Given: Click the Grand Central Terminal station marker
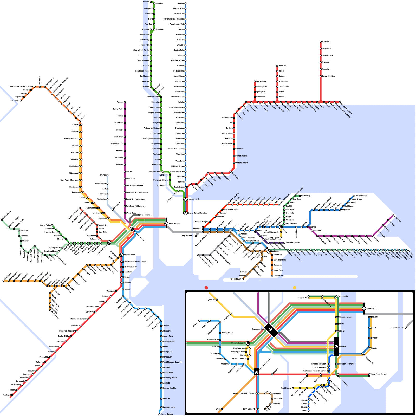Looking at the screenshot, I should click(x=185, y=213).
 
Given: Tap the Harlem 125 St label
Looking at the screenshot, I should click(x=193, y=199).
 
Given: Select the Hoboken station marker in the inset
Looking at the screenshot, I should click(x=336, y=347).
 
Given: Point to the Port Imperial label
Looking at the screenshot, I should click(x=343, y=296).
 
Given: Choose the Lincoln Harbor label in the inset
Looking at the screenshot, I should click(x=346, y=317).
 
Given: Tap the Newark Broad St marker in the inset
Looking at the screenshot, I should click(x=248, y=343).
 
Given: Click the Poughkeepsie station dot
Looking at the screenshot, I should click(x=151, y=55).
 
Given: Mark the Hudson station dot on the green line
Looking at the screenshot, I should click(x=151, y=2).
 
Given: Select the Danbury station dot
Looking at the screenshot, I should click(x=277, y=66).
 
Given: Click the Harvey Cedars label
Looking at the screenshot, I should click(x=167, y=414).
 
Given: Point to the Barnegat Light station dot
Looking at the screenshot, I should click(x=161, y=407).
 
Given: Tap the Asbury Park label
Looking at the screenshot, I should click(x=168, y=336).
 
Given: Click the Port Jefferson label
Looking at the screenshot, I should click(x=361, y=196).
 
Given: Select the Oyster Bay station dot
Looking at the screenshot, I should click(x=300, y=196).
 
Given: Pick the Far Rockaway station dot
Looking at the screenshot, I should click(x=243, y=279).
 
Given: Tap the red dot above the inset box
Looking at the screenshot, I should click(x=206, y=288).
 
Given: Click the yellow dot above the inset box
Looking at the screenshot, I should click(x=295, y=288).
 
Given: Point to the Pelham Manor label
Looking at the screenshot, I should click(x=241, y=156).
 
